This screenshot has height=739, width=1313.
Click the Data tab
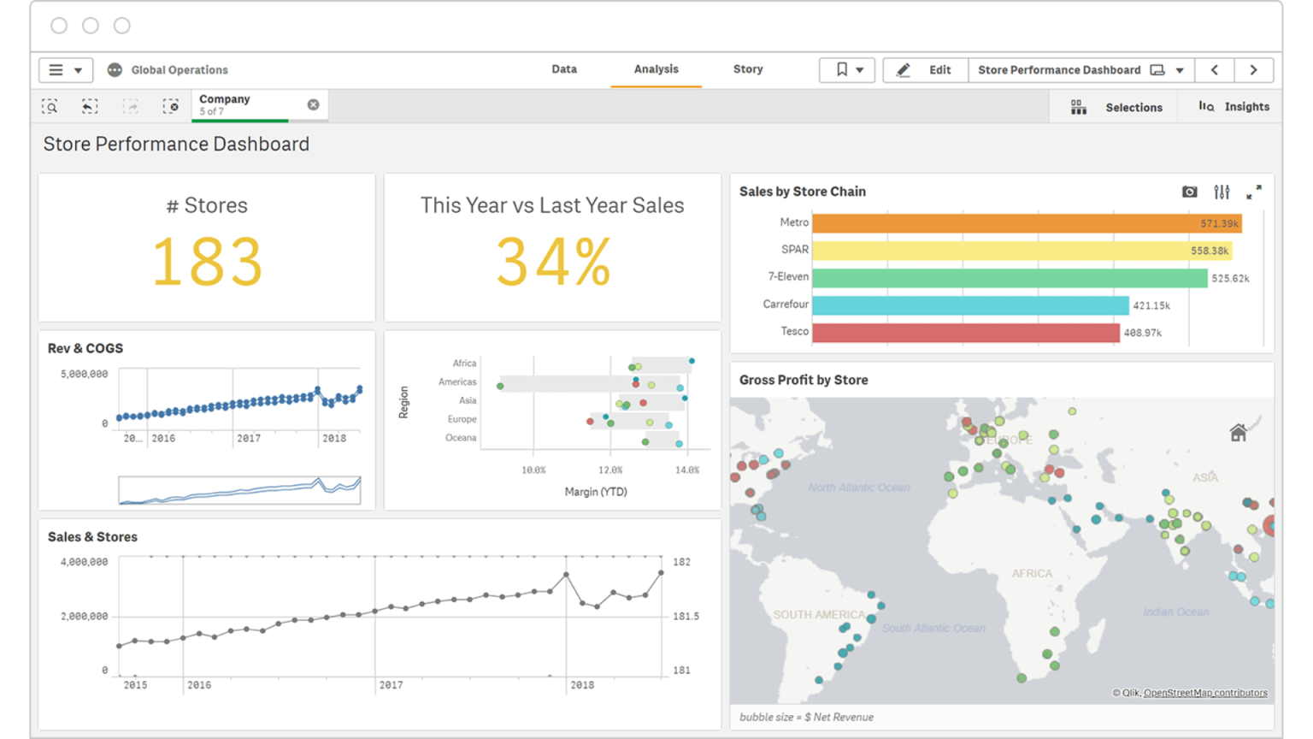pyautogui.click(x=563, y=69)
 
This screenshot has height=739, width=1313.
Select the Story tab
pyautogui.click(x=747, y=69)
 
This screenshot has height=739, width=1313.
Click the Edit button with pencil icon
pyautogui.click(x=925, y=70)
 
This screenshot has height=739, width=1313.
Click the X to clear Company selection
pyautogui.click(x=314, y=104)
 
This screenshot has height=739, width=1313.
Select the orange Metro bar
pyautogui.click(x=1026, y=223)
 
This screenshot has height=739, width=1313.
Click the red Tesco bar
pyautogui.click(x=965, y=332)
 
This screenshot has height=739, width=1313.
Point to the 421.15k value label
pyautogui.click(x=1151, y=305)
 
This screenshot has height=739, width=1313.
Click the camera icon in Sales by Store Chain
pyautogui.click(x=1189, y=192)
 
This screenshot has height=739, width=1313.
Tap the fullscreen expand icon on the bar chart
pyautogui.click(x=1254, y=192)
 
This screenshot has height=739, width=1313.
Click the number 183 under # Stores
pyautogui.click(x=207, y=263)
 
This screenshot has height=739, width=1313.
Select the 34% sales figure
pyautogui.click(x=553, y=263)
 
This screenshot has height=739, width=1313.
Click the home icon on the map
pyautogui.click(x=1238, y=433)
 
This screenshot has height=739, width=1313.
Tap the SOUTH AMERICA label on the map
pyautogui.click(x=818, y=615)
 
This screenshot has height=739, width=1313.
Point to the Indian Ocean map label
pyautogui.click(x=1175, y=612)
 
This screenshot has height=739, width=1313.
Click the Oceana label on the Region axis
pyautogui.click(x=461, y=438)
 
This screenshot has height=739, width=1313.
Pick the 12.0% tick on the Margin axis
pyautogui.click(x=610, y=470)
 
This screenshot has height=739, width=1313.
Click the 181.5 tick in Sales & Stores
pyautogui.click(x=686, y=616)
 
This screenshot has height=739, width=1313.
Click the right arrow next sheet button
pyautogui.click(x=1253, y=70)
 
